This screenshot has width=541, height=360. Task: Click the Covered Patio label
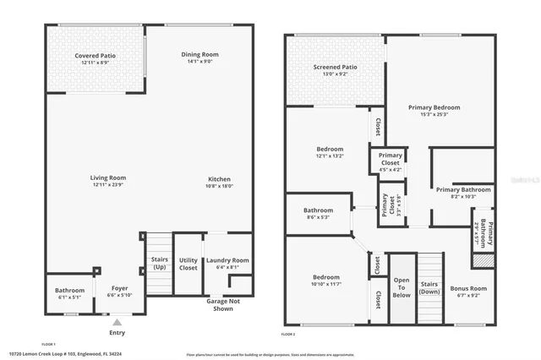coord(95,56)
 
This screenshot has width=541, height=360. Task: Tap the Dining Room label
coord(201,55)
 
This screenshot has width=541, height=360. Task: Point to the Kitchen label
coord(220,178)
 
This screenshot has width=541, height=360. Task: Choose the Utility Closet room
coord(188,265)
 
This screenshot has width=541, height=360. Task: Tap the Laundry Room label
coord(227,260)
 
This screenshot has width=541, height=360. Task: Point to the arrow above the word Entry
coord(117,321)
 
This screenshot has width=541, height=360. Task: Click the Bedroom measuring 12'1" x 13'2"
coord(330,155)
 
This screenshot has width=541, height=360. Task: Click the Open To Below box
coord(402,287)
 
